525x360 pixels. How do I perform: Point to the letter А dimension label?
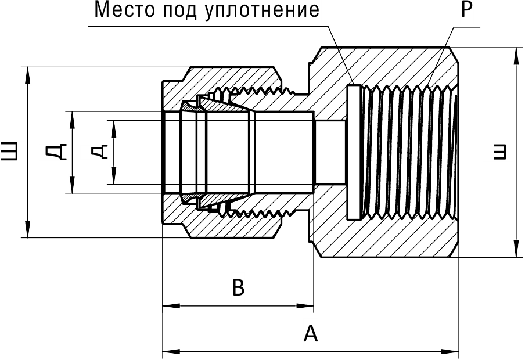coord(311,334)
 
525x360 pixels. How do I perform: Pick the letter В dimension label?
coord(238,287)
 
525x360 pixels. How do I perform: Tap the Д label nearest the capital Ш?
coord(56,152)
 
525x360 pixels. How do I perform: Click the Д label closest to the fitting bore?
coord(99,152)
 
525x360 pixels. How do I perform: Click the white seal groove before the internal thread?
coord(353,152)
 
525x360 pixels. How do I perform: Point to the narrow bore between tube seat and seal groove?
coord(329,152)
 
